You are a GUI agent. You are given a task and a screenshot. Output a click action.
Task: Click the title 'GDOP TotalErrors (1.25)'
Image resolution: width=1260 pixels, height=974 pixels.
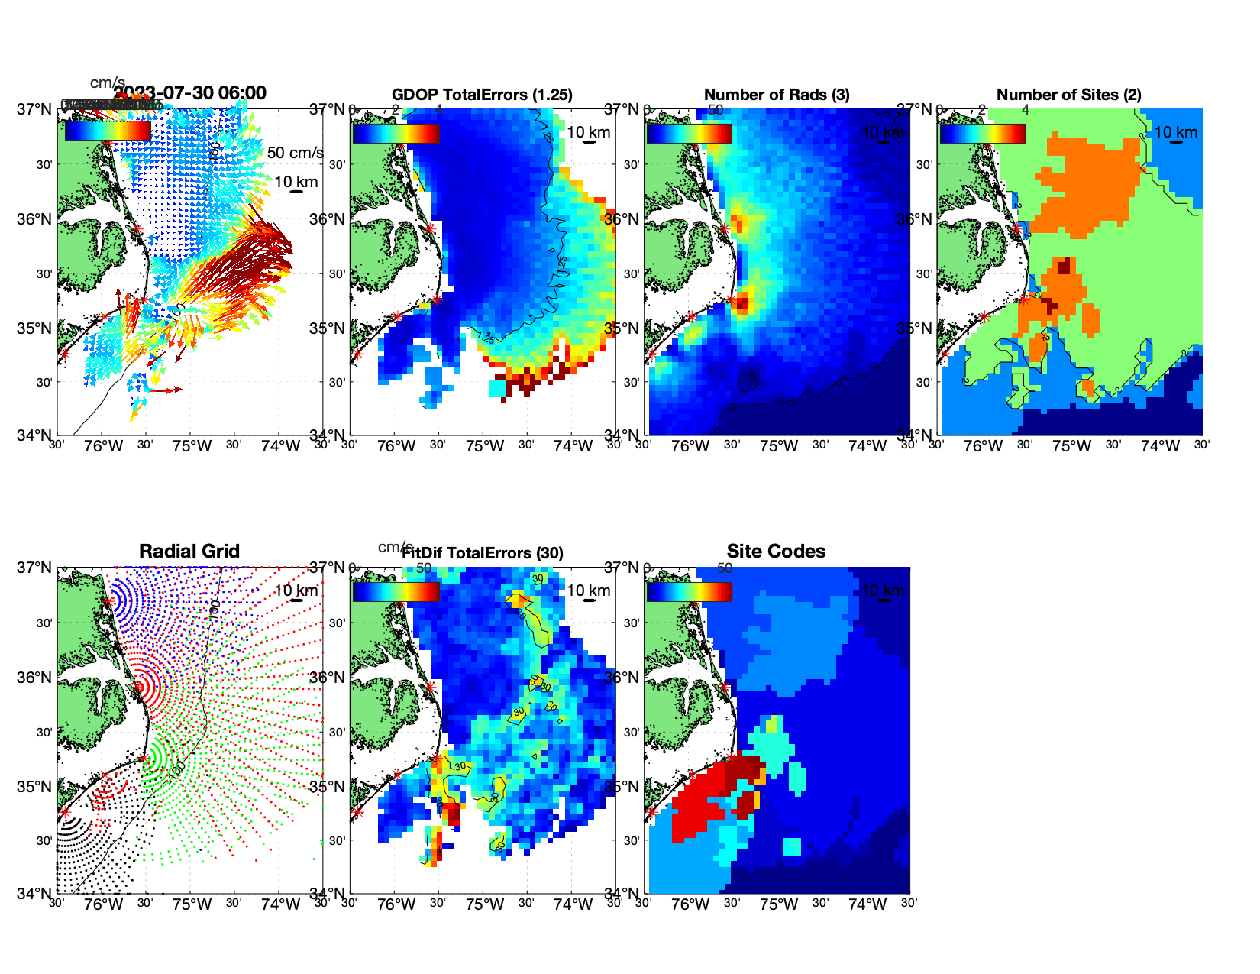(482, 95)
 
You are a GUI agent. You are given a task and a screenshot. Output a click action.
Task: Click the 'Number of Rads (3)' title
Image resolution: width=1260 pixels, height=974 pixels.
(777, 95)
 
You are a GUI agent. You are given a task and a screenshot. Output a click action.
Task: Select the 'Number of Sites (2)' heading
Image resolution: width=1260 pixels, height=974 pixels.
(1068, 95)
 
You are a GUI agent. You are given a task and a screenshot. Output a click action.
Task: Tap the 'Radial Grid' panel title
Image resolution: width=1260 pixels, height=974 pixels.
(189, 552)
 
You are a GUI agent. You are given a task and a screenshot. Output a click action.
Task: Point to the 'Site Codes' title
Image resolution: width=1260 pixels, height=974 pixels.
(776, 552)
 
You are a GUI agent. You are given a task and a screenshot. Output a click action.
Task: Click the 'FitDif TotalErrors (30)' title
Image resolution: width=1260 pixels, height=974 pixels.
(483, 553)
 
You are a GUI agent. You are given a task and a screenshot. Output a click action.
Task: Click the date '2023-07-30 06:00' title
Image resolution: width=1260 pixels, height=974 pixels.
(190, 93)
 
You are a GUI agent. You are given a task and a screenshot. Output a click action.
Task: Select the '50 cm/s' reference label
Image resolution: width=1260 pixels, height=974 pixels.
(295, 153)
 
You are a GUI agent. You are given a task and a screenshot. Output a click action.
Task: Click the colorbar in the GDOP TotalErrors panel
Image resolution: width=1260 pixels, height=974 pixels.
(396, 133)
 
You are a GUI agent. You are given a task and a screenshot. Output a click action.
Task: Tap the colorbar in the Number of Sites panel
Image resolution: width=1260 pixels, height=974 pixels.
(982, 133)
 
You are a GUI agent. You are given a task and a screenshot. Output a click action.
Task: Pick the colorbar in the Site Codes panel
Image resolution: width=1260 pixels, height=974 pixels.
(689, 591)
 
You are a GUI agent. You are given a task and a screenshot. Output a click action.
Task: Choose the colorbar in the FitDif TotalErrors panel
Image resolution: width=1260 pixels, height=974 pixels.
(396, 591)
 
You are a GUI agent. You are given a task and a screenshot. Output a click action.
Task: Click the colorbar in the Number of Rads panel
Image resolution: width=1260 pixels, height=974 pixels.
(689, 133)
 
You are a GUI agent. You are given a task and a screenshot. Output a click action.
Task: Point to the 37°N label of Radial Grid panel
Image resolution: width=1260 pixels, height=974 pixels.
(34, 568)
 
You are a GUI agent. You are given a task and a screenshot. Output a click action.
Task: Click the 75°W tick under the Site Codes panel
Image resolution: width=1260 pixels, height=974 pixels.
(778, 904)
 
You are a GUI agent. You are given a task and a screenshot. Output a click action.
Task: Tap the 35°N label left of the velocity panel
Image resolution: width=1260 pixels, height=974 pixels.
(34, 328)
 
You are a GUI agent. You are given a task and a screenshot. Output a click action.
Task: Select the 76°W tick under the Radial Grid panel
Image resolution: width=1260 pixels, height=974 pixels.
(103, 904)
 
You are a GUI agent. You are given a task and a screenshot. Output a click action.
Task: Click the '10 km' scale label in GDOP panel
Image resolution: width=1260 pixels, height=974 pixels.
(588, 132)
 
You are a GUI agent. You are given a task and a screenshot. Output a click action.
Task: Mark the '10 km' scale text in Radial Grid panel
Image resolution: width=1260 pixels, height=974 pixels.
(296, 591)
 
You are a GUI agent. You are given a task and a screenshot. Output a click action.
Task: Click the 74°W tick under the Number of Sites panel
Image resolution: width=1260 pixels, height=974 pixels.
(1159, 446)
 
